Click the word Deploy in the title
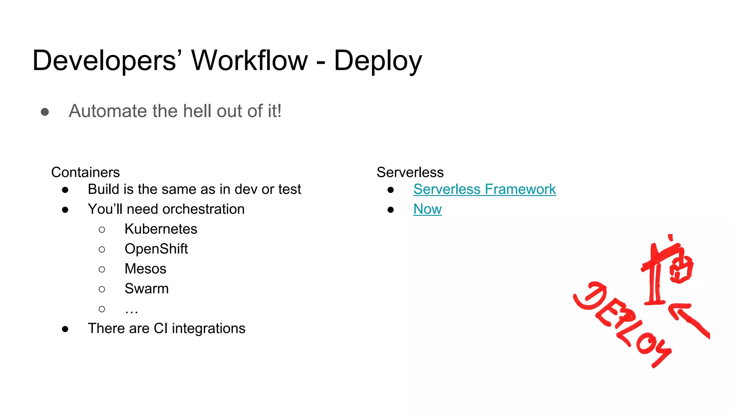pyautogui.click(x=378, y=61)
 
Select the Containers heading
pyautogui.click(x=85, y=172)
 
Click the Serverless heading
pyautogui.click(x=410, y=172)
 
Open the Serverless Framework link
pyautogui.click(x=484, y=189)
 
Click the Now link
pyautogui.click(x=427, y=209)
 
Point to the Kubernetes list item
pyautogui.click(x=161, y=229)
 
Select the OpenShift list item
pyautogui.click(x=156, y=249)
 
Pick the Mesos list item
pyautogui.click(x=145, y=269)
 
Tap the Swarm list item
pyautogui.click(x=146, y=289)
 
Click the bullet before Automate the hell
pyautogui.click(x=45, y=112)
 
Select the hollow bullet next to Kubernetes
pyautogui.click(x=102, y=230)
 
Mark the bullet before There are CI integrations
pyautogui.click(x=65, y=329)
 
